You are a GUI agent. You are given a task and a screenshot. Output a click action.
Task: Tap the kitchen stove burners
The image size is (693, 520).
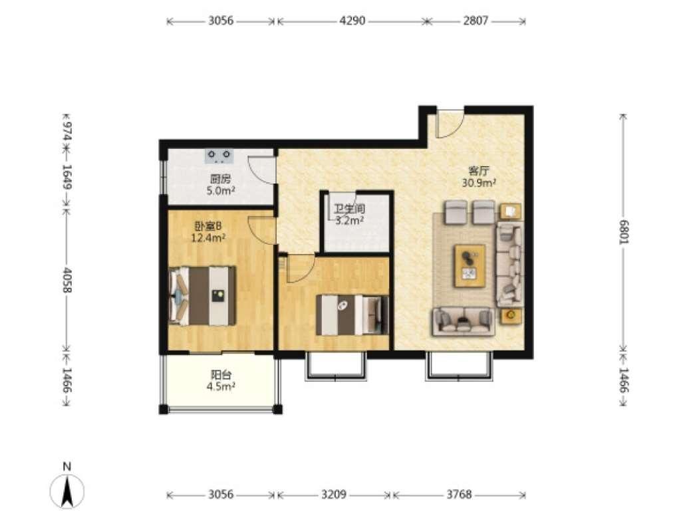pyautogui.click(x=219, y=155)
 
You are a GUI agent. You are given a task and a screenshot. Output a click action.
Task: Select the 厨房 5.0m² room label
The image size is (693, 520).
pyautogui.click(x=220, y=185)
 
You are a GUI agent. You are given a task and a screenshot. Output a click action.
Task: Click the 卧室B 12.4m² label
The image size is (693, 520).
pyautogui.click(x=208, y=232)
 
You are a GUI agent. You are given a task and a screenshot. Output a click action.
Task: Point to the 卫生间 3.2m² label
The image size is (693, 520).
pyautogui.click(x=349, y=215)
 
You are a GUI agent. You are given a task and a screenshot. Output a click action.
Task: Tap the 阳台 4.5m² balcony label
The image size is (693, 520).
pyautogui.click(x=221, y=381)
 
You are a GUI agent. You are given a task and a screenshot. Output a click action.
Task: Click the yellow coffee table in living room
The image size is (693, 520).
pyautogui.click(x=470, y=266)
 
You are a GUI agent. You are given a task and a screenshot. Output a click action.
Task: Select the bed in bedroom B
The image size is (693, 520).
pyautogui.click(x=202, y=295)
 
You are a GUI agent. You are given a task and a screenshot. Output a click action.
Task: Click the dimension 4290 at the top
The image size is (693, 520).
pyautogui.click(x=352, y=21)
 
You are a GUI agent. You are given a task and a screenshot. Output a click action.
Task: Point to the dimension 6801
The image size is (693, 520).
pyautogui.click(x=623, y=231)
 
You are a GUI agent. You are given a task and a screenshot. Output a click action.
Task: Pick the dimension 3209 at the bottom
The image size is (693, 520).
pyautogui.click(x=333, y=494)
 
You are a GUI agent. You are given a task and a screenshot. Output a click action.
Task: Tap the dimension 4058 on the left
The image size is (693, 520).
pyautogui.click(x=67, y=280)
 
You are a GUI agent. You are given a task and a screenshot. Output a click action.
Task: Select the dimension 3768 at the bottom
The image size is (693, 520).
pyautogui.click(x=459, y=494)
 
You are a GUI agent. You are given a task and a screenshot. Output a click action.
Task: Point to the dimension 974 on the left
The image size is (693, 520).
pyautogui.click(x=67, y=131)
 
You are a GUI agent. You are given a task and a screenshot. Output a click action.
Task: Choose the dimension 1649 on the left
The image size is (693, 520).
pyautogui.click(x=67, y=177)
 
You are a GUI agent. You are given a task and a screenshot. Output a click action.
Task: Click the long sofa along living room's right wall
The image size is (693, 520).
pyautogui.click(x=509, y=264)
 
